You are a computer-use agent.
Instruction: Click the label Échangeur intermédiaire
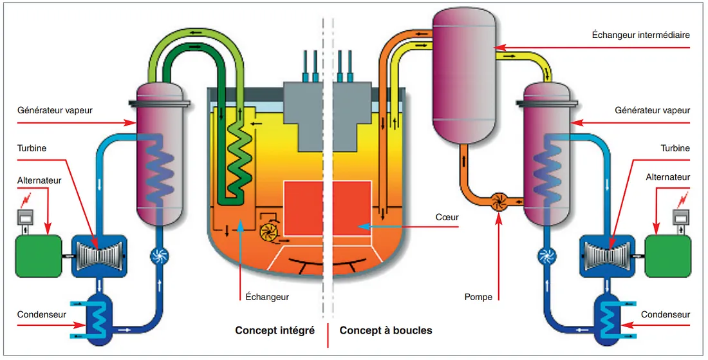click(x=640, y=34)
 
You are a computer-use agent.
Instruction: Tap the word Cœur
click(x=447, y=217)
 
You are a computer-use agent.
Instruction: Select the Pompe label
click(x=478, y=297)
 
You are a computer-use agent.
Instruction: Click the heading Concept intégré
click(x=275, y=330)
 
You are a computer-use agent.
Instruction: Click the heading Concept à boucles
click(x=386, y=330)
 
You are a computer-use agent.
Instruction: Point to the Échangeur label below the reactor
click(x=267, y=297)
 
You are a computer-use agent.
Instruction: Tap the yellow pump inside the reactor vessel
click(x=268, y=231)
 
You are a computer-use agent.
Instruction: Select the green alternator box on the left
click(x=39, y=256)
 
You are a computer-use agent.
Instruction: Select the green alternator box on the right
click(x=668, y=256)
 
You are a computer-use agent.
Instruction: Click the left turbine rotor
click(x=99, y=256)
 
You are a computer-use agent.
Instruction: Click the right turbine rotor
click(x=608, y=256)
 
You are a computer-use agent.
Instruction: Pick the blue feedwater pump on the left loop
click(x=159, y=256)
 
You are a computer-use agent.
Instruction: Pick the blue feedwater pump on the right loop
click(x=548, y=256)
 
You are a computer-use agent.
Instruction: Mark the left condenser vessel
click(x=101, y=319)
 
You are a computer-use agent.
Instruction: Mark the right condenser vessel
click(x=606, y=319)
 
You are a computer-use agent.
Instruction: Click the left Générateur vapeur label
click(x=55, y=110)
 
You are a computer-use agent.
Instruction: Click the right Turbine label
click(x=675, y=148)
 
